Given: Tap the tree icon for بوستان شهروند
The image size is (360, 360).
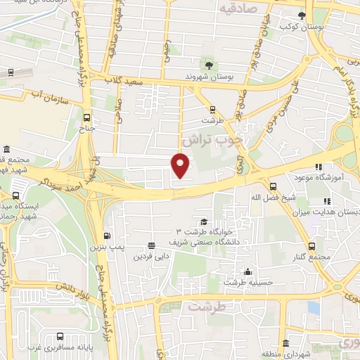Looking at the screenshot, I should [x=207, y=63].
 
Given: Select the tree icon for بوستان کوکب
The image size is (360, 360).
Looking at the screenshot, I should [x=302, y=15].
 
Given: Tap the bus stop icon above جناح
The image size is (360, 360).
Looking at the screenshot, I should [x=86, y=117].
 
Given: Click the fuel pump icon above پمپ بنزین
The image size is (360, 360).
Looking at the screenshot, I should [x=107, y=236].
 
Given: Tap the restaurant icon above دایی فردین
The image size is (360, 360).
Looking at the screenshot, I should [x=151, y=245].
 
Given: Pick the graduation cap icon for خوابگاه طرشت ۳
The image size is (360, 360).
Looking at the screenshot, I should [x=204, y=221].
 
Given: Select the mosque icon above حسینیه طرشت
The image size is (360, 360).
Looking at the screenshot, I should [x=247, y=272].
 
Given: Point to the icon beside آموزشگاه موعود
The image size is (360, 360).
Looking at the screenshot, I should [x=318, y=167].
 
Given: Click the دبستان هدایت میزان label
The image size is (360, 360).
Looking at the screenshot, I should [x=330, y=211].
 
